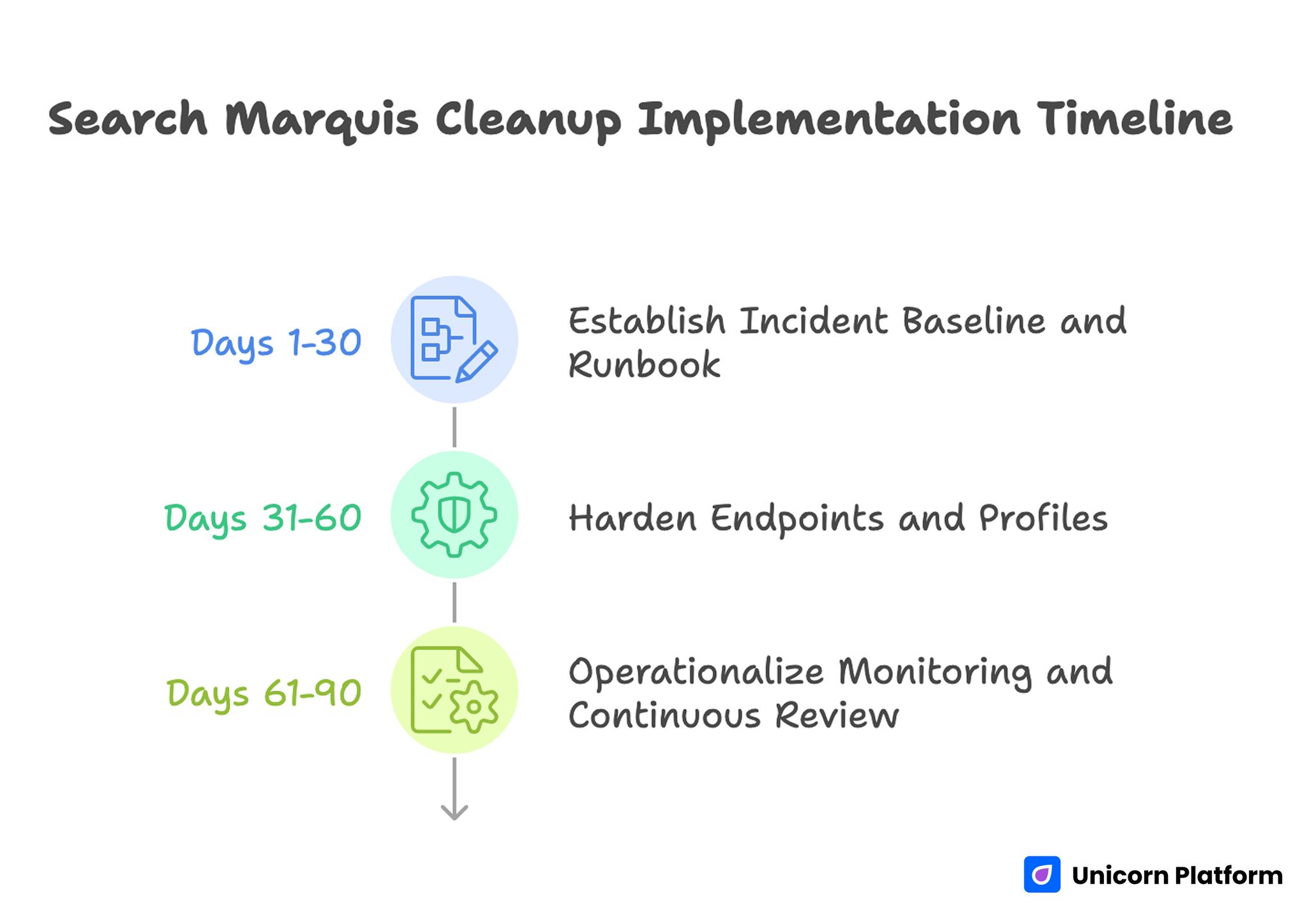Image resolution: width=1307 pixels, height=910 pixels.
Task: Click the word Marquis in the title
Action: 322,119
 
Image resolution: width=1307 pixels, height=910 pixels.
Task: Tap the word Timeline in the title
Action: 1134,119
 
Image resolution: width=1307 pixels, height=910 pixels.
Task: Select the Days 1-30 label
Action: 276,343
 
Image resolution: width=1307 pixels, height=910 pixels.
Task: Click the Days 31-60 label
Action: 262,518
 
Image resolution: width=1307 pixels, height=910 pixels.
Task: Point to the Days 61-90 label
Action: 264,693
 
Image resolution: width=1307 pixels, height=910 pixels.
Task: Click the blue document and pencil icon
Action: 454,339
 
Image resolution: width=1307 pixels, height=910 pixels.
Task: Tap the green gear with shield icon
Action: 454,515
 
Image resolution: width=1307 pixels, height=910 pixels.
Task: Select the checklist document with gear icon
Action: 454,690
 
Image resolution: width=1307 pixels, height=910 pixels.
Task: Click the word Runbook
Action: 644,365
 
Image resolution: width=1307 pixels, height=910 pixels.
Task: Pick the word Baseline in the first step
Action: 973,320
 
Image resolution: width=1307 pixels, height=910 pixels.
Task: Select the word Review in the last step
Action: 837,715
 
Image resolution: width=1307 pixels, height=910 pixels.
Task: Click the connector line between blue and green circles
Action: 454,427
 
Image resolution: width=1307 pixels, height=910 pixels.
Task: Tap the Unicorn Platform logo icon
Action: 1042,874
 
